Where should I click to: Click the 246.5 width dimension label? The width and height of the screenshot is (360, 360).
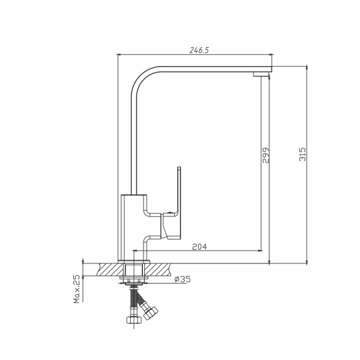click(199, 50)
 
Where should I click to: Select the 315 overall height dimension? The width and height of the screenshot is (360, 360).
click(303, 154)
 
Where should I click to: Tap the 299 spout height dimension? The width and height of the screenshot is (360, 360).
click(266, 155)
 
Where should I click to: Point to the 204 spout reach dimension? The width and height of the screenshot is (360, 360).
click(199, 246)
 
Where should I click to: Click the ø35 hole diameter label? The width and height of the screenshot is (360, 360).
click(182, 279)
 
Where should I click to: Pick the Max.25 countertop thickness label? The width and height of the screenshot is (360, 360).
click(77, 289)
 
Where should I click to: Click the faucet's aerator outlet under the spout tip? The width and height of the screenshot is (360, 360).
click(261, 74)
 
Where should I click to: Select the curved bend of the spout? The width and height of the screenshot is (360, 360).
click(142, 78)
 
